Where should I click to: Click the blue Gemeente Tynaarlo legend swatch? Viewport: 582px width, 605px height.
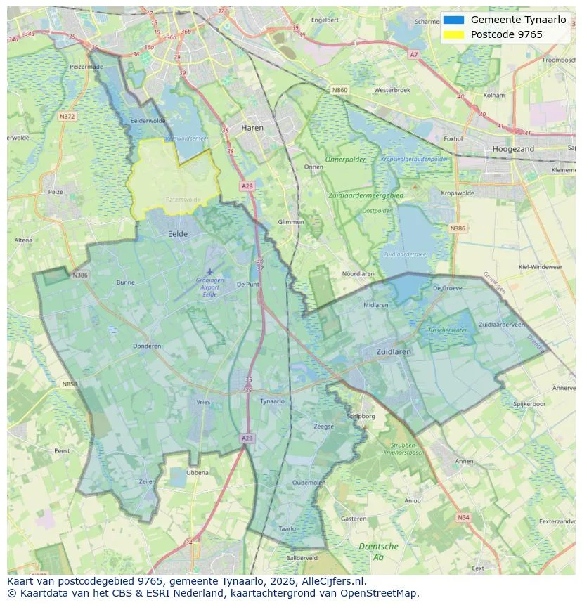coord(455,20)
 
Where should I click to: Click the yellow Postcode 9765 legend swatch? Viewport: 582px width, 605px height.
coord(455,34)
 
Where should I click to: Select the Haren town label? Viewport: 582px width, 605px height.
coord(252,128)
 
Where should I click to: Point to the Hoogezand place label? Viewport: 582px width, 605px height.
coord(513,149)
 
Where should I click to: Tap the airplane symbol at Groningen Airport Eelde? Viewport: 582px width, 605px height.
coord(209,271)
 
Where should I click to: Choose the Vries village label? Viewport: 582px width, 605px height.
coord(203,402)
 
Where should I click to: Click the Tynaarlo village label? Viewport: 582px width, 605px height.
coord(272,401)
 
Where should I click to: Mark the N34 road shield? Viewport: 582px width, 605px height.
coord(463,517)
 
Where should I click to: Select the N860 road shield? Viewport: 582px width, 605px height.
coord(339,90)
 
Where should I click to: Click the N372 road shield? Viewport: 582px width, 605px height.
coord(67,116)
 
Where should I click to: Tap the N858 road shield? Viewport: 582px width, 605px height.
coord(69,384)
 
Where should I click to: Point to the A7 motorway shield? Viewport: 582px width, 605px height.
coord(413,54)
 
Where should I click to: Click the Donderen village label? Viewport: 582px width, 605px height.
coord(147,346)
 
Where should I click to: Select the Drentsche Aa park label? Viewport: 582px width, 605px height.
coord(378,551)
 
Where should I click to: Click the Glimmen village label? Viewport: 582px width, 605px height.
coord(291,222)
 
